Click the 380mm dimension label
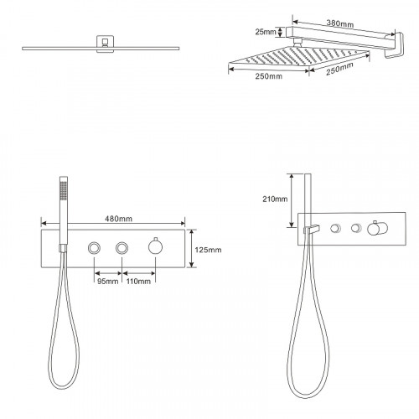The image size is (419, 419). (340, 23)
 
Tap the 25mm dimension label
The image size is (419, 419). (266, 32)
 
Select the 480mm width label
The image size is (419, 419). (118, 219)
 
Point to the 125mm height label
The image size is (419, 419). (208, 250)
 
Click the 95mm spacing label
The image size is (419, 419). (108, 282)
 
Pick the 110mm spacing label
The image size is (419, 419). (138, 282)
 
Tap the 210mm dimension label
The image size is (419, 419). (275, 199)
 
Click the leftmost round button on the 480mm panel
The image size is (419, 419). (94, 248)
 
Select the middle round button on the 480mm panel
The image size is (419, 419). (122, 248)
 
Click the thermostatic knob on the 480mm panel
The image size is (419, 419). (155, 246)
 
